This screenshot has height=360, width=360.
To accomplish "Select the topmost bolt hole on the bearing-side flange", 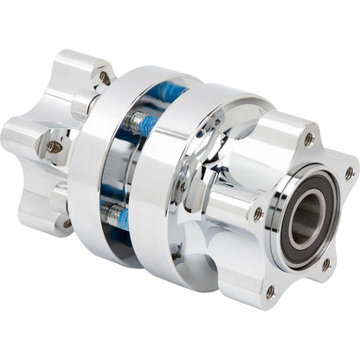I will (x=309, y=138).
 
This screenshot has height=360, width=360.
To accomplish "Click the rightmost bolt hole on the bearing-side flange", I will (x=349, y=174).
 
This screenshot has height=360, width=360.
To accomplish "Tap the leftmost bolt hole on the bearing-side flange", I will (x=257, y=213).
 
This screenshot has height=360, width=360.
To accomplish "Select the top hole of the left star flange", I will (x=105, y=78).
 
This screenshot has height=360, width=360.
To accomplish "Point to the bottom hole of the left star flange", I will (x=67, y=223).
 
